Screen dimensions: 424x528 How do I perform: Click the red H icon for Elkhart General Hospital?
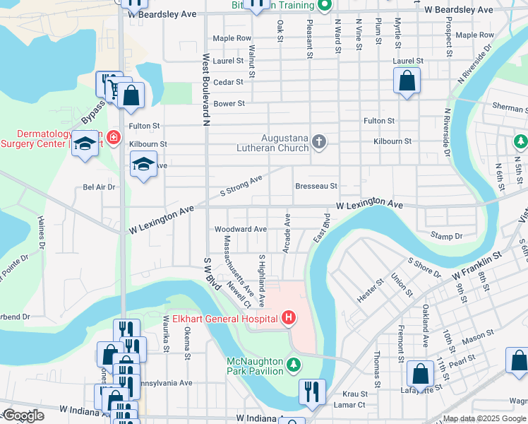(x=289, y=319)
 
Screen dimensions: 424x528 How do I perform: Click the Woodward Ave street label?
(x=241, y=229)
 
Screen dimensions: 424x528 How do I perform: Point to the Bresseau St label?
(x=316, y=187)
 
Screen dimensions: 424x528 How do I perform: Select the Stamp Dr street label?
(x=446, y=235)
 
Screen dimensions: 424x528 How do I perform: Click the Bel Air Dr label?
(x=99, y=187)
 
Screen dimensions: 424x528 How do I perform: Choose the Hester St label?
(x=370, y=290)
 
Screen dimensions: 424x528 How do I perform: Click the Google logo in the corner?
(x=23, y=416)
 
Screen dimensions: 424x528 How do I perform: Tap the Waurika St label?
(x=167, y=338)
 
